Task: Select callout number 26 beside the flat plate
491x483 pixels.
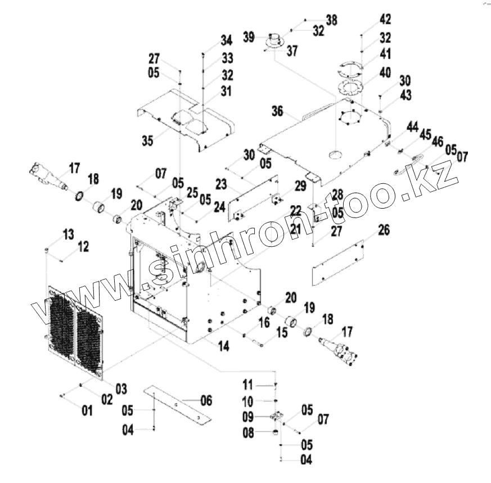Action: tap(384, 230)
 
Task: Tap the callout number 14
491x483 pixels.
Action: tap(223, 347)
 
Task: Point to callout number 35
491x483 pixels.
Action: tap(147, 141)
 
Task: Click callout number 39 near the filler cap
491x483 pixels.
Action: tap(249, 37)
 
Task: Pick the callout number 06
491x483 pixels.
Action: tap(206, 400)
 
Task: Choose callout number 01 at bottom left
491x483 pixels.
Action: tap(87, 410)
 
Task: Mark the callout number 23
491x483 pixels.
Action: tap(220, 183)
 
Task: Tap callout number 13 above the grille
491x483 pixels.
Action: tap(68, 234)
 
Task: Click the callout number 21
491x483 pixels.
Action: tap(295, 229)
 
